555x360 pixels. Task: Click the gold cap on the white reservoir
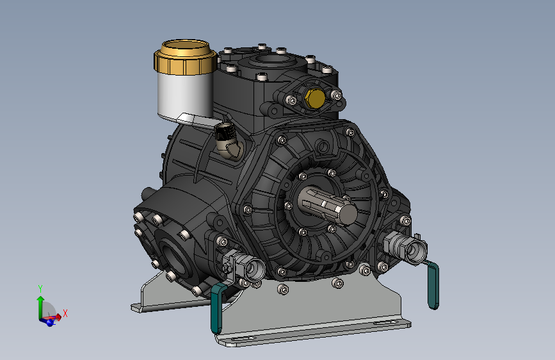click(185, 58)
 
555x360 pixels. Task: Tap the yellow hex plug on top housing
click(314, 99)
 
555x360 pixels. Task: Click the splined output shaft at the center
click(327, 205)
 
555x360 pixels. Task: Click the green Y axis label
click(40, 289)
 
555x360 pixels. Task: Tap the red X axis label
click(65, 313)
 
